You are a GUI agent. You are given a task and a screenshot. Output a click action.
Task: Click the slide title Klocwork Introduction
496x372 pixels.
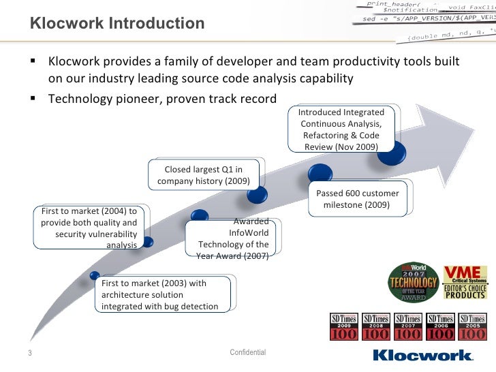(x=117, y=24)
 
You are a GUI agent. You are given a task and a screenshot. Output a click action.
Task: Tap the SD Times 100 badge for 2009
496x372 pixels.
(x=344, y=326)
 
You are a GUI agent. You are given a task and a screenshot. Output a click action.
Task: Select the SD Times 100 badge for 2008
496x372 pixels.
(x=376, y=326)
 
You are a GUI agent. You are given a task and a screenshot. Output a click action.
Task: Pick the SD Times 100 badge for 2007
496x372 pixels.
(x=408, y=326)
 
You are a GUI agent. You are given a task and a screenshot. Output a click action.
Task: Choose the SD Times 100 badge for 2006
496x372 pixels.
(x=440, y=326)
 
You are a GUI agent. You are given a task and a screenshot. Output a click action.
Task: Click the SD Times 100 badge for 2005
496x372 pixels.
(x=472, y=326)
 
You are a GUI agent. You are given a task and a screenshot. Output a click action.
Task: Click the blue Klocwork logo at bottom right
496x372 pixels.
(x=423, y=354)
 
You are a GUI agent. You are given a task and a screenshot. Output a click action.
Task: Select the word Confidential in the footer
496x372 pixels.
(x=248, y=352)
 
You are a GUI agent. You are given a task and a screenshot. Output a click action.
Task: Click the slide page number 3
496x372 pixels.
(x=31, y=353)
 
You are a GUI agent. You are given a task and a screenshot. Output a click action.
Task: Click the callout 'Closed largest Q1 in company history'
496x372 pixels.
(x=203, y=175)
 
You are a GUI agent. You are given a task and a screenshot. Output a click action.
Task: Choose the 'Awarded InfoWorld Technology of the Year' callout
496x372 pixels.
(x=233, y=239)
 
